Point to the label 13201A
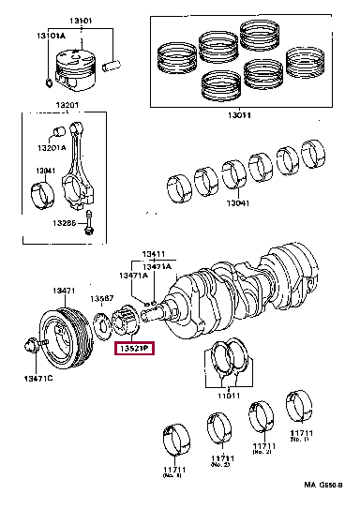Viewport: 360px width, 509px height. (52, 147)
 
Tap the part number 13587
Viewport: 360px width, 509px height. (102, 299)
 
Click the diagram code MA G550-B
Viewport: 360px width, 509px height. (322, 486)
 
